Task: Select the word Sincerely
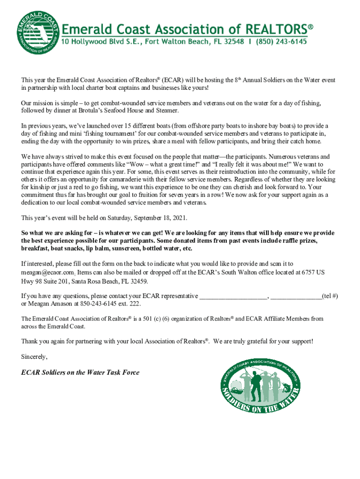[34, 357]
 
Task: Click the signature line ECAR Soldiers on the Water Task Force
[80, 372]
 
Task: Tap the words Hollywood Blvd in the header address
[96, 42]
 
